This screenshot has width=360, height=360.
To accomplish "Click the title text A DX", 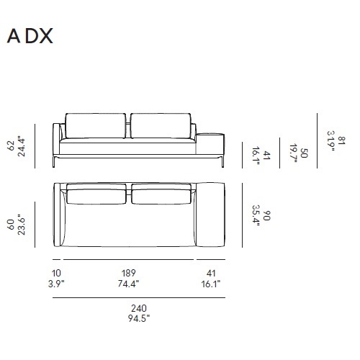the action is [x=30, y=37].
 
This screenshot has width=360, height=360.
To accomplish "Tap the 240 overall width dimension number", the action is [x=139, y=308].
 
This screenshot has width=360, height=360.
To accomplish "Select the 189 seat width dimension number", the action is [x=129, y=273].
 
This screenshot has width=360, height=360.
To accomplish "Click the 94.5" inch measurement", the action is [x=139, y=318].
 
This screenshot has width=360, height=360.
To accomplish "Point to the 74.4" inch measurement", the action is [x=128, y=284].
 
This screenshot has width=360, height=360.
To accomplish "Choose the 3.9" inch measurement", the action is [x=56, y=284].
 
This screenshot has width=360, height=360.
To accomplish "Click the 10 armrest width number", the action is [x=56, y=273].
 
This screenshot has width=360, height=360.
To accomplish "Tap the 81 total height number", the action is [x=341, y=140].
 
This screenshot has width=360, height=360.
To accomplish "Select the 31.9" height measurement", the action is [x=331, y=141].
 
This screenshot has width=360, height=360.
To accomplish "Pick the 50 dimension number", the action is [x=304, y=153].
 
